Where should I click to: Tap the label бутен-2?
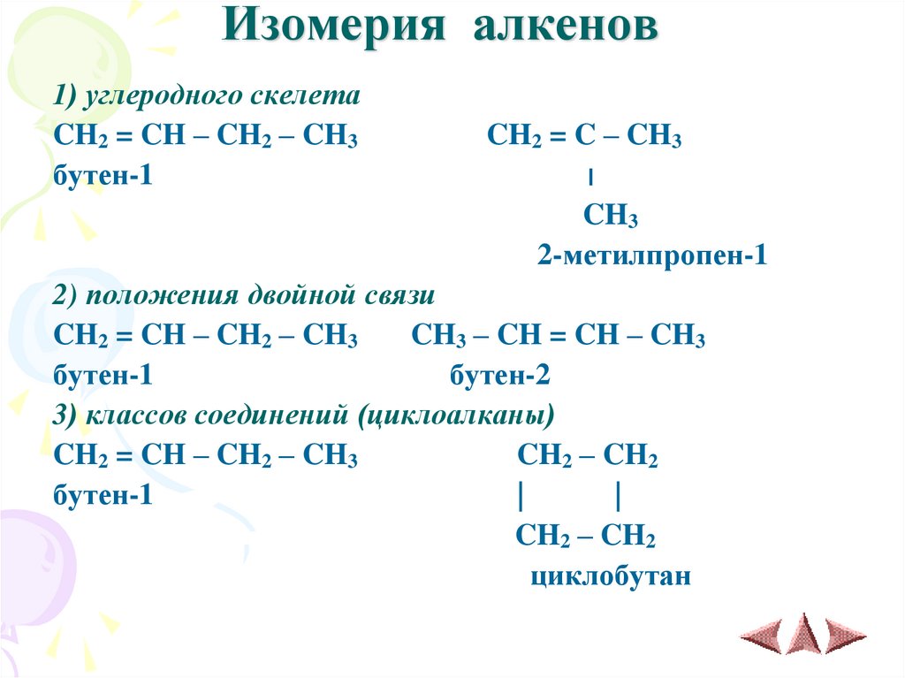500,377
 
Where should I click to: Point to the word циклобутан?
610,577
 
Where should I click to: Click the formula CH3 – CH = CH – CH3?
558,337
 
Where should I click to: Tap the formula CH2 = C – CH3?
583,137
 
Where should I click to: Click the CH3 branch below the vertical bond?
610,217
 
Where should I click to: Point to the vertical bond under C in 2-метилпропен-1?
589,178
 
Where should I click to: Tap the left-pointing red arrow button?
762,634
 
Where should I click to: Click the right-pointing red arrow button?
845,634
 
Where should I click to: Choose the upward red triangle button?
803,632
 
